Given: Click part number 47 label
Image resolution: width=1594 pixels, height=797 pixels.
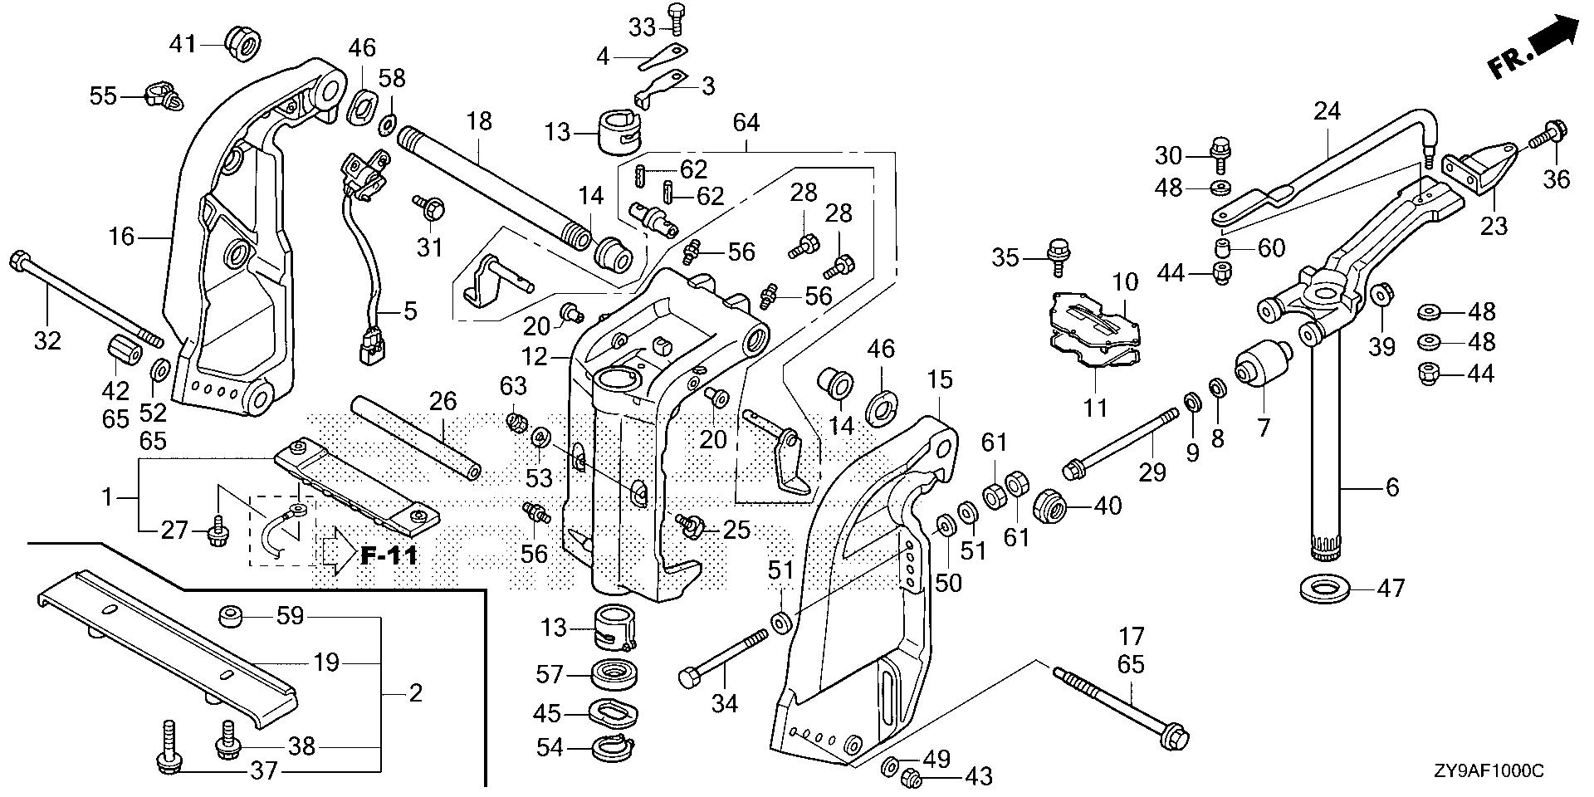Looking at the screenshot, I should pyautogui.click(x=1391, y=589).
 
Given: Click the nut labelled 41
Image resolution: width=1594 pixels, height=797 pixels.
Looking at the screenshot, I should pyautogui.click(x=242, y=42).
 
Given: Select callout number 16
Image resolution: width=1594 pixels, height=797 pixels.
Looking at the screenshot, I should pyautogui.click(x=121, y=237).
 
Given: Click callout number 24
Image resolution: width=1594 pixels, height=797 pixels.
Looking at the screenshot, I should pyautogui.click(x=1328, y=110).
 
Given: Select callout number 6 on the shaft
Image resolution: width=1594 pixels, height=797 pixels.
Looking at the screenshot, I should pyautogui.click(x=1392, y=487).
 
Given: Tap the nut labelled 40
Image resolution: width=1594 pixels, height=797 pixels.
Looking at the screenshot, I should pyautogui.click(x=1050, y=504).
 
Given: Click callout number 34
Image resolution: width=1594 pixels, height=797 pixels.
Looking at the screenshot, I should pyautogui.click(x=725, y=704).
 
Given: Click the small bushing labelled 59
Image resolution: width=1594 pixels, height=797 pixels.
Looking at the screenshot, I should pyautogui.click(x=230, y=617).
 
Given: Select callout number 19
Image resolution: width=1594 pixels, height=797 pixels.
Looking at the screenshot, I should pyautogui.click(x=326, y=663).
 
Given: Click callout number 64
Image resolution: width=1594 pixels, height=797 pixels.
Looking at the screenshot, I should pyautogui.click(x=746, y=123).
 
